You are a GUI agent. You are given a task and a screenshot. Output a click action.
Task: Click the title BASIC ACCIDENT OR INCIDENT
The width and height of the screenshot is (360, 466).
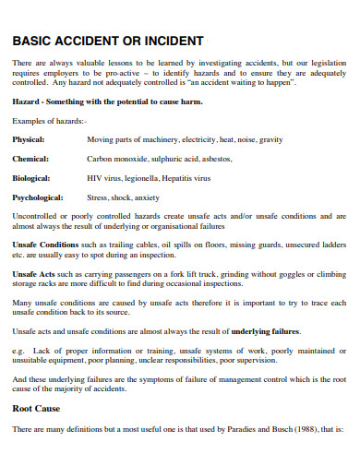(x=108, y=42)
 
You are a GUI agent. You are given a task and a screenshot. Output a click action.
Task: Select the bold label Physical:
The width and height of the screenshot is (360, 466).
(x=30, y=139)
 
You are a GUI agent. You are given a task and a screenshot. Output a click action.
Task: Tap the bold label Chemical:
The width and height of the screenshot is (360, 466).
(x=30, y=159)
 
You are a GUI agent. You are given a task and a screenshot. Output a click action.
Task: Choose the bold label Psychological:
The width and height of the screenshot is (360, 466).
(x=38, y=197)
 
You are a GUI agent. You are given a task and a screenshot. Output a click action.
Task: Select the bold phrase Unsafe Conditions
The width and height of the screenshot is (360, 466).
(x=45, y=245)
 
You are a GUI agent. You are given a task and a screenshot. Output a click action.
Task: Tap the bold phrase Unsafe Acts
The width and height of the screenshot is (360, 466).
(x=34, y=274)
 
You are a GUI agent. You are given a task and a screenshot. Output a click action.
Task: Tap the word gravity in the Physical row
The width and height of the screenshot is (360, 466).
(x=270, y=139)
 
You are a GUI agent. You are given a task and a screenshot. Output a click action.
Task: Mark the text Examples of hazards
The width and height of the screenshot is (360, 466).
(x=48, y=121)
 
